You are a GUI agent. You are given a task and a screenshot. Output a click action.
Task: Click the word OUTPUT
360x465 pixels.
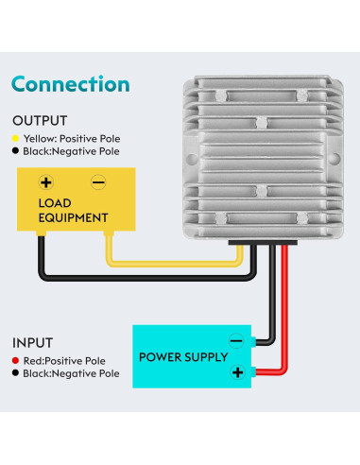tap(39, 121)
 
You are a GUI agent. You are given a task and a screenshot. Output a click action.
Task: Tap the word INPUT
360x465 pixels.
tap(33, 343)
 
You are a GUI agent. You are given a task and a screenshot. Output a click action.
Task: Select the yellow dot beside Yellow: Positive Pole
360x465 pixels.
tap(16, 137)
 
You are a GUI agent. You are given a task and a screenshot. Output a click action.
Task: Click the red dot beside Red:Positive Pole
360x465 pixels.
tap(16, 360)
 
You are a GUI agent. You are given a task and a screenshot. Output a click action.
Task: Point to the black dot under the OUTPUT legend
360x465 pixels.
tap(16, 150)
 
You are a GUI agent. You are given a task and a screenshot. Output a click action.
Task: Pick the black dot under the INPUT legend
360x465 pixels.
tap(16, 373)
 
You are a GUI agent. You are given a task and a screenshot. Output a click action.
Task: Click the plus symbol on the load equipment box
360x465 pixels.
tap(45, 182)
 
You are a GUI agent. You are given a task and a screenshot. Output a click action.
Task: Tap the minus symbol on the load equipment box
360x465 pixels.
tap(96, 182)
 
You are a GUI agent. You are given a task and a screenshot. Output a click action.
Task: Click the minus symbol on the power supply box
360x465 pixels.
tap(237, 341)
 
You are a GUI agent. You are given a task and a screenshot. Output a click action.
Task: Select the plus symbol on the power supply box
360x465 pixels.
tap(237, 372)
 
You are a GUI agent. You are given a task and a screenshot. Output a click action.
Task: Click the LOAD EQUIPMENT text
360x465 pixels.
tap(72, 211)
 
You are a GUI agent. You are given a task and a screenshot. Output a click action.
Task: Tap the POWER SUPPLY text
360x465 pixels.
tap(183, 357)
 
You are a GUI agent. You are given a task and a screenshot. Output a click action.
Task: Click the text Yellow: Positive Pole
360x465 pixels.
tap(73, 137)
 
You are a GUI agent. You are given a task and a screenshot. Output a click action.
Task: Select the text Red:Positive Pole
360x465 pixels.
tap(69, 360)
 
